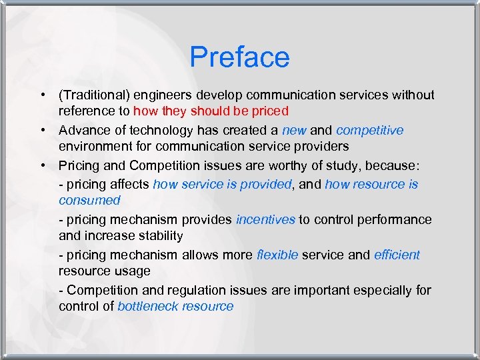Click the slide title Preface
[x=239, y=57]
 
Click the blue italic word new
[x=294, y=130]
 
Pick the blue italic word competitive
[x=369, y=130]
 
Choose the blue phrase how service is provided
[x=222, y=185]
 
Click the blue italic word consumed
[x=89, y=201]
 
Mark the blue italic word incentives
[x=265, y=219]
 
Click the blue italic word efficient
[x=397, y=255]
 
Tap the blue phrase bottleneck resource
[x=175, y=307]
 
